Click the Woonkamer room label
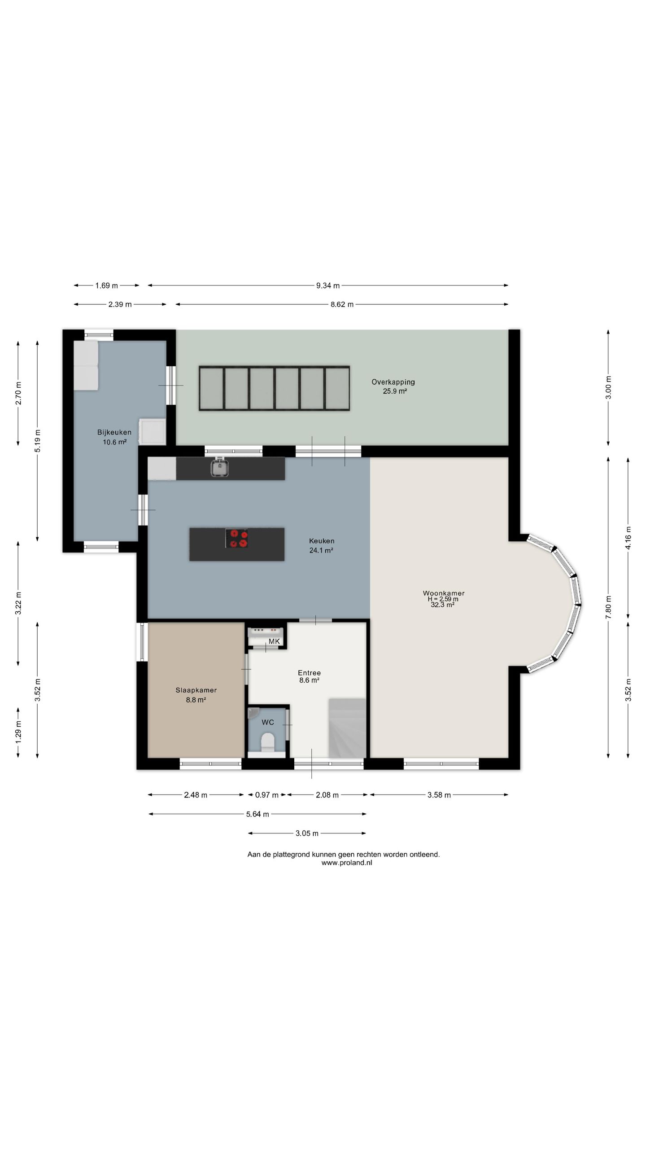click(443, 593)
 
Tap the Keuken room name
click(322, 541)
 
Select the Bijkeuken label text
click(114, 432)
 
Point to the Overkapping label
click(393, 382)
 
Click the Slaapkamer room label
click(196, 690)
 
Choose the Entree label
click(310, 673)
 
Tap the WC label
click(268, 722)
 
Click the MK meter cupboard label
click(274, 641)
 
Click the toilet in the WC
click(268, 741)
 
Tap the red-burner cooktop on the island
click(237, 538)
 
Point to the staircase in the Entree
click(348, 728)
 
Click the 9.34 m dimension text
click(328, 285)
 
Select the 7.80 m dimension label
click(608, 607)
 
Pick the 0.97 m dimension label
click(267, 795)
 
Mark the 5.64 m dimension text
click(258, 814)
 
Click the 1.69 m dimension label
click(106, 285)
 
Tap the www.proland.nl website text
click(347, 863)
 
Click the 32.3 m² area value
click(443, 605)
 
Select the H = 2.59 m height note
click(443, 599)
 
